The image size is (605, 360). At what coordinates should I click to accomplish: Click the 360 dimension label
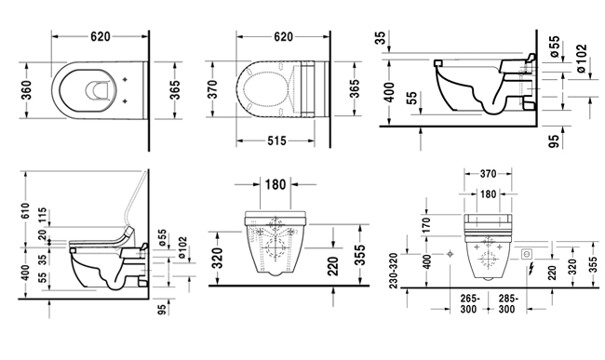click(x=27, y=90)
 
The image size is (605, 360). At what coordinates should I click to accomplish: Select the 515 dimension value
click(x=276, y=141)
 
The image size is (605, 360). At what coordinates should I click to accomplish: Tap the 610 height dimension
click(x=25, y=210)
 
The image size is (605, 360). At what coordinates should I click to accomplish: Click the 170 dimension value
click(x=426, y=225)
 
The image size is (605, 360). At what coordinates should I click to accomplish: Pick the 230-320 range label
click(x=393, y=271)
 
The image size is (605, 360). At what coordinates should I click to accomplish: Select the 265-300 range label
click(x=469, y=304)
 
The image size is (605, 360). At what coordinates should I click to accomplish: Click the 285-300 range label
click(x=507, y=304)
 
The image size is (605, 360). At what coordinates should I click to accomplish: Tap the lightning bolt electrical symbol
click(x=531, y=267)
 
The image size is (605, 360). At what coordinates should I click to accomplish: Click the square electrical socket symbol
click(x=526, y=254)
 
